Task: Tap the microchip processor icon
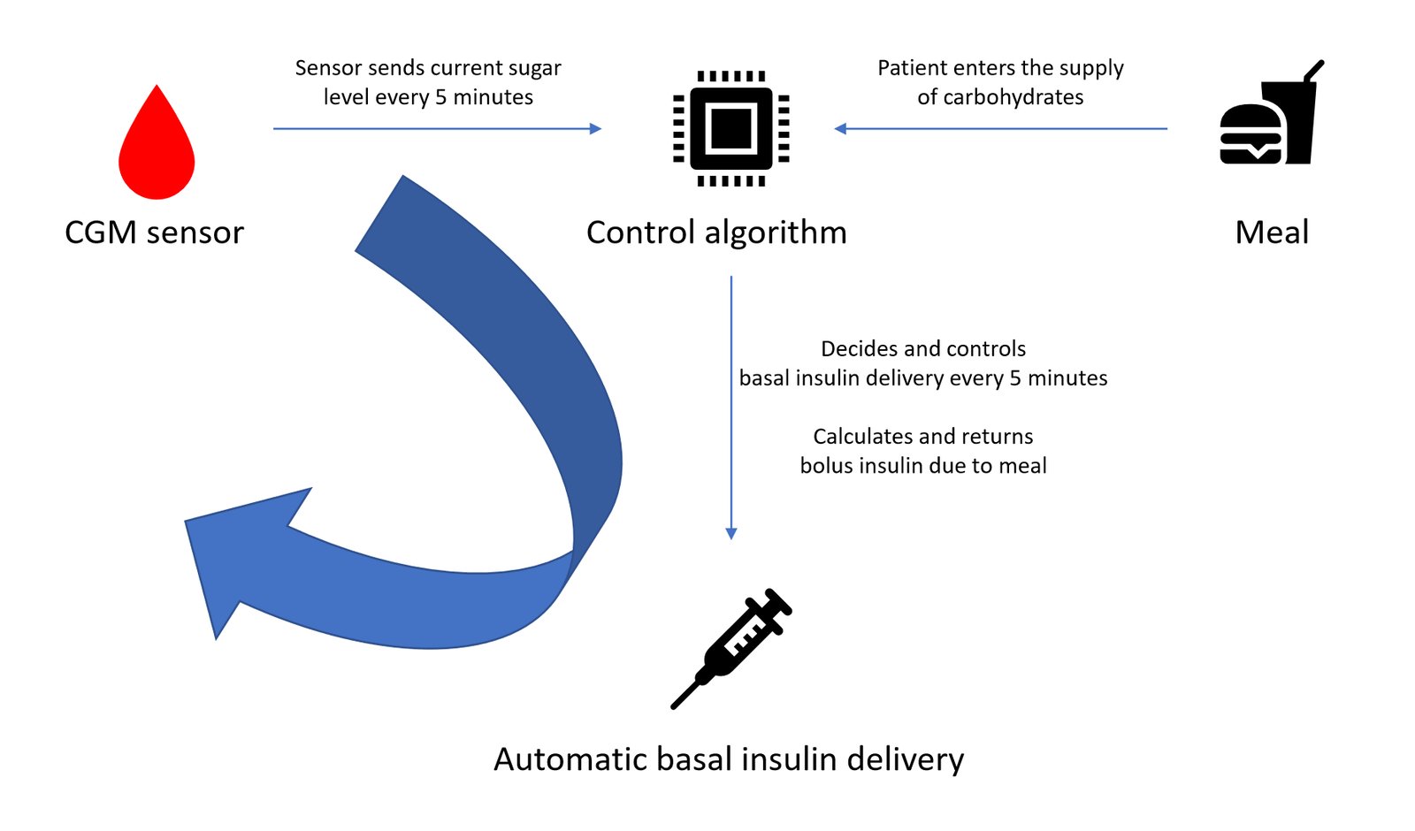[730, 129]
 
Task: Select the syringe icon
[732, 647]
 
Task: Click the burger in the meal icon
[1250, 135]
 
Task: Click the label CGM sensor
[154, 233]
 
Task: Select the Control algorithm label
[716, 233]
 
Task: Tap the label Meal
[1271, 233]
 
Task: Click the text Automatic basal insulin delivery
[728, 759]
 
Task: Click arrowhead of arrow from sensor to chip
[596, 129]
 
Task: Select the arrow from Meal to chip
[999, 129]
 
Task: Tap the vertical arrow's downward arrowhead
[731, 533]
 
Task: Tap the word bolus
[825, 466]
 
